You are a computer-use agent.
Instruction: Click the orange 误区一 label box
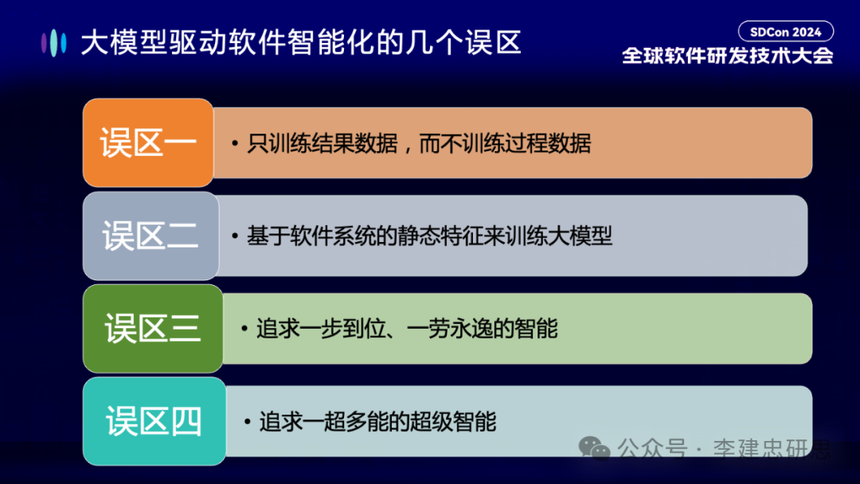click(148, 142)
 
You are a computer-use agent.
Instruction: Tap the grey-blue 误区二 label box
click(150, 236)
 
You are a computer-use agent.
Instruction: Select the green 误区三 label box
click(153, 328)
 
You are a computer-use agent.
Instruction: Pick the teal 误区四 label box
click(154, 421)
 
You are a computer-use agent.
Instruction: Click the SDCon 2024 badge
click(785, 32)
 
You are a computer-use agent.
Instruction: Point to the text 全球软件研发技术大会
click(727, 56)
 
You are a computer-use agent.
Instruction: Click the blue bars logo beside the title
click(53, 42)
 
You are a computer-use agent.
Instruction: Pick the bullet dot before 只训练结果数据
click(235, 144)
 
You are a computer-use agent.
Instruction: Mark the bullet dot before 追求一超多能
click(248, 421)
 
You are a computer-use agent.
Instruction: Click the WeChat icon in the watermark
click(594, 448)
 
